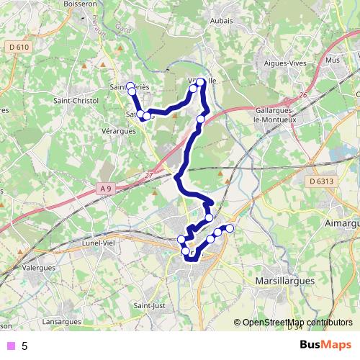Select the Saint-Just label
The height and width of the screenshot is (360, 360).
pos(150,307)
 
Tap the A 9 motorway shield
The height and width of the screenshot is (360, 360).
pos(106,189)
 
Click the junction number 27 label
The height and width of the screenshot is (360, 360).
pos(148,174)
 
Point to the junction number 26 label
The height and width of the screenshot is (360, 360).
pos(303,94)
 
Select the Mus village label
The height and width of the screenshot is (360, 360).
pos(333,60)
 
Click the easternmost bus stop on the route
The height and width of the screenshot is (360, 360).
pos(230,228)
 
